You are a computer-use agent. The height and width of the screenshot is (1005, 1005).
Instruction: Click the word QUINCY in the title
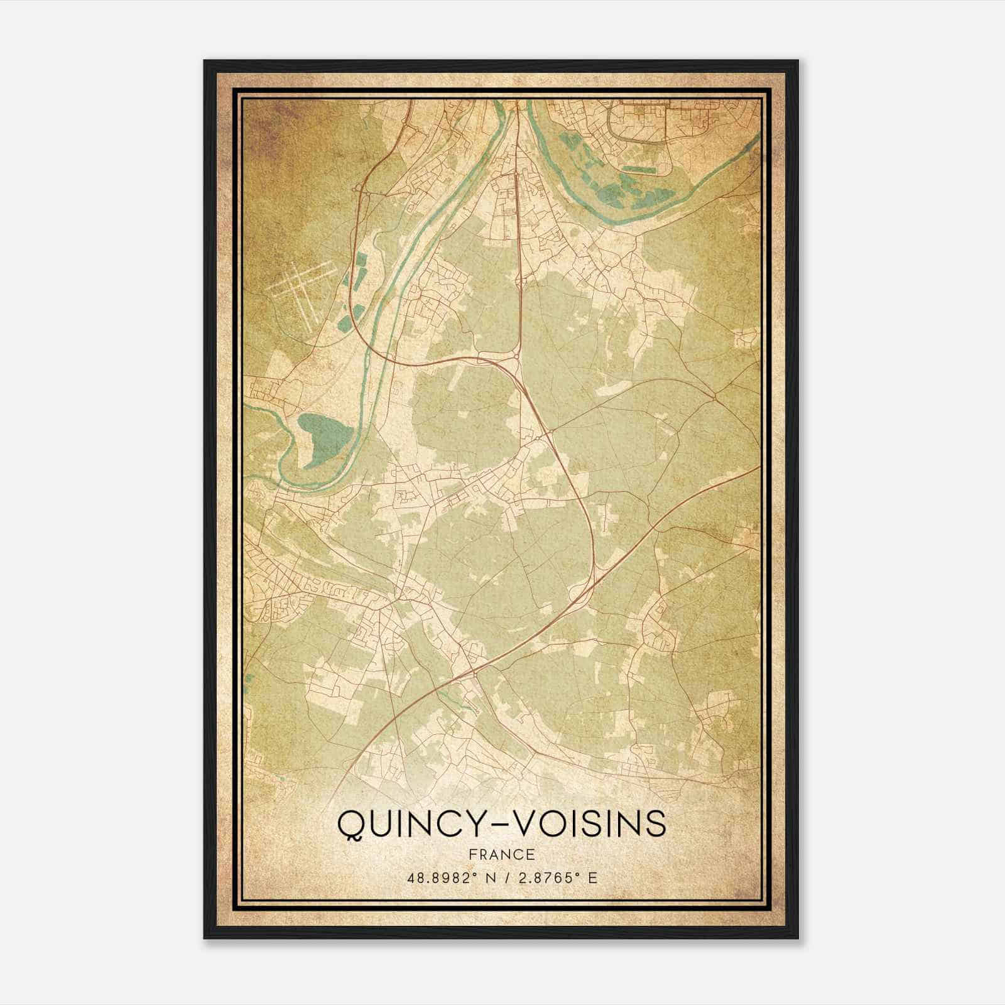click(409, 823)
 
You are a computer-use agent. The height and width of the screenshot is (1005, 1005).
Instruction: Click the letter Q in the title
click(349, 824)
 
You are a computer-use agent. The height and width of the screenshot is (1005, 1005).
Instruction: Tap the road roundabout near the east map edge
click(716, 397)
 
